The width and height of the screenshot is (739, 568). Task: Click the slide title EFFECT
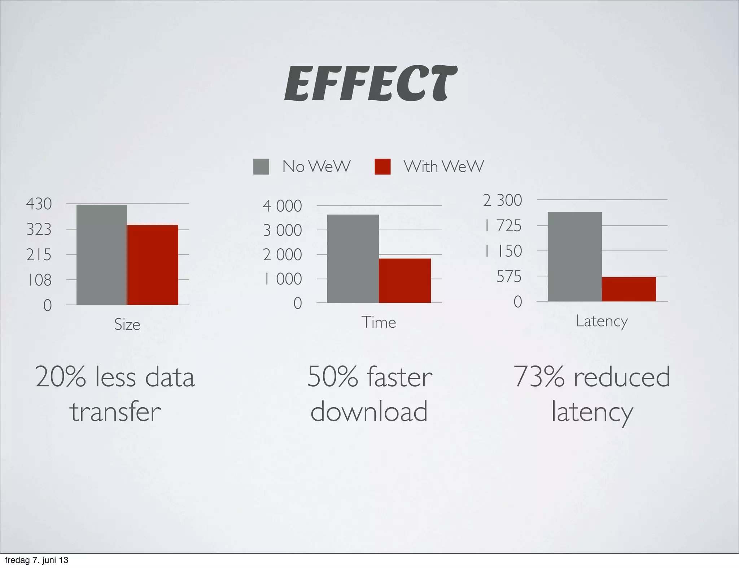[371, 84]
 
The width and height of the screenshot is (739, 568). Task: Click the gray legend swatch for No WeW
[261, 167]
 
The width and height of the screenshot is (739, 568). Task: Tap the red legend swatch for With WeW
[382, 167]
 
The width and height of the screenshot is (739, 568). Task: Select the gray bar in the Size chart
[102, 254]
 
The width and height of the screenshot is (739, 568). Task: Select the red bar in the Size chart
[153, 265]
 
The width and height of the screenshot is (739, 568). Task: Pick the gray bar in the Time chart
[353, 258]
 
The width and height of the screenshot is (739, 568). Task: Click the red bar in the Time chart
[405, 280]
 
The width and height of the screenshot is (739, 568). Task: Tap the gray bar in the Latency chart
[574, 256]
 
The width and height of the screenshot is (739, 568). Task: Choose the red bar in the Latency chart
[629, 289]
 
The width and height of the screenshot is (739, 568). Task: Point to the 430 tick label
[39, 204]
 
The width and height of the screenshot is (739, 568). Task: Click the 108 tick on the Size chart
[39, 280]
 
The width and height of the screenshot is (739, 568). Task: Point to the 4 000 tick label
[282, 206]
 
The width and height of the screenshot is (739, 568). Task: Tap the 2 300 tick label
[502, 200]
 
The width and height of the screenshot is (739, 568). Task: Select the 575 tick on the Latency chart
[509, 277]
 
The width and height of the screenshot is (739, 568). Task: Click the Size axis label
[127, 324]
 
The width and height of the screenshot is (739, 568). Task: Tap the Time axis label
[379, 322]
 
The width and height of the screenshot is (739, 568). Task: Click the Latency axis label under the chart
[602, 321]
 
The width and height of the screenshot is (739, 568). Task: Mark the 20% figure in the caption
[61, 377]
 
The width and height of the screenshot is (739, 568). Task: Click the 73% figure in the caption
[539, 377]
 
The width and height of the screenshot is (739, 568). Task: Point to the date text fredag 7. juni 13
[36, 560]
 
